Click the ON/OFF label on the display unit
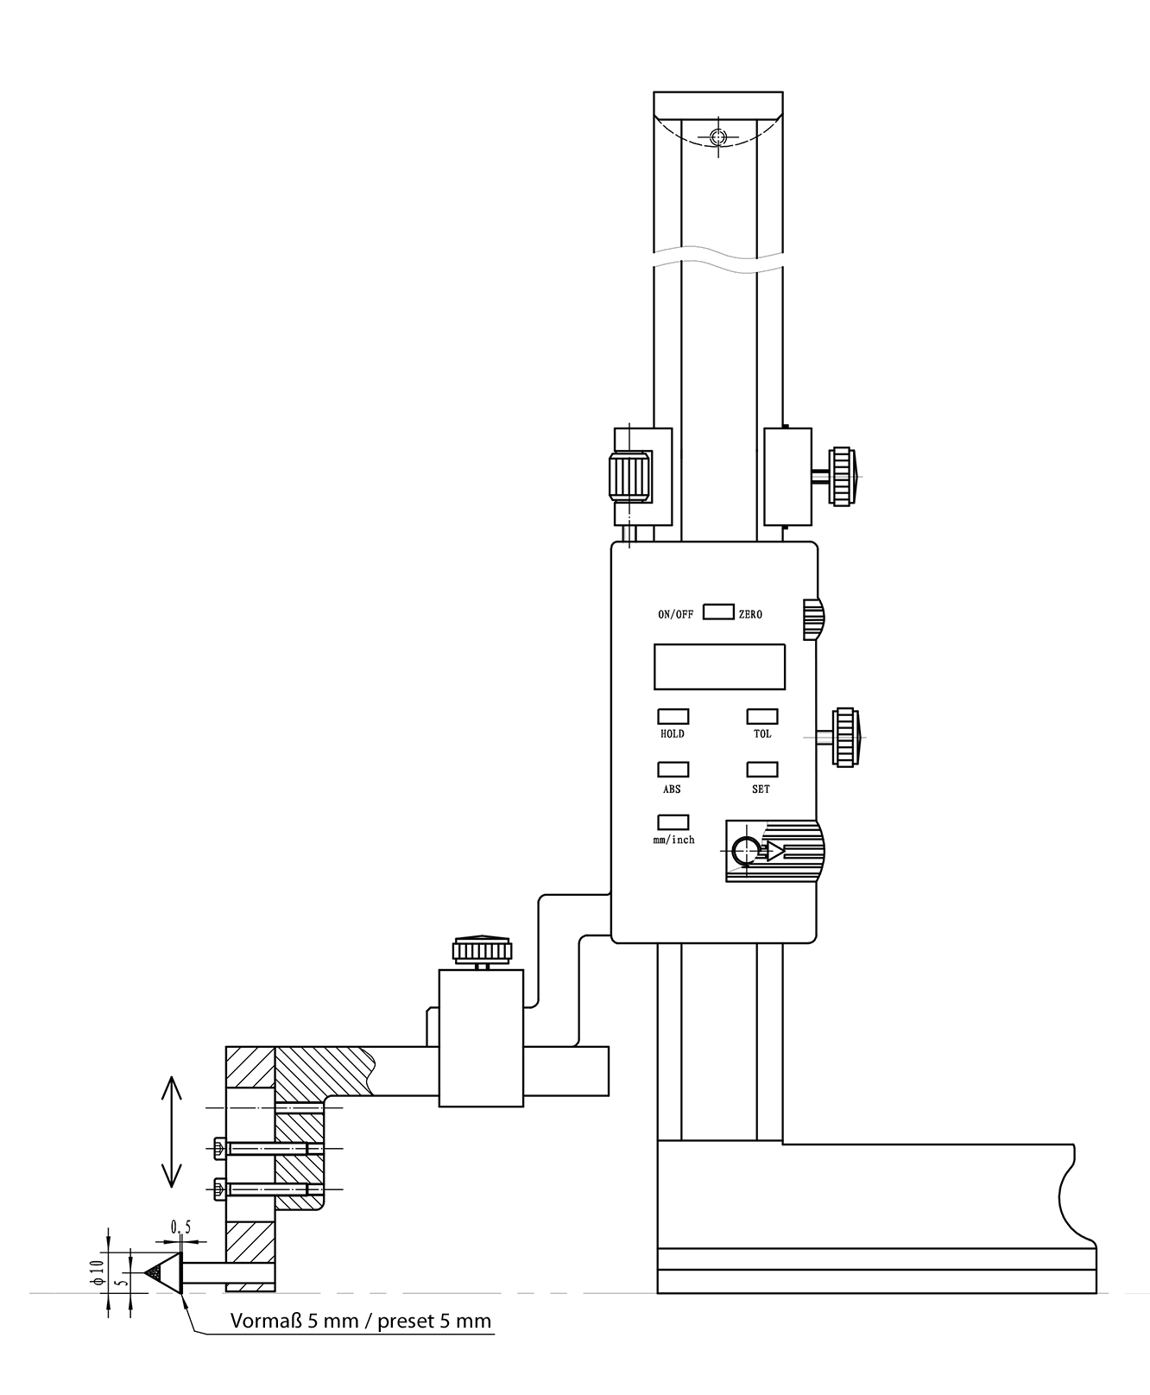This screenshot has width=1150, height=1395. coord(675,615)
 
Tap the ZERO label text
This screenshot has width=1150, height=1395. coord(750,615)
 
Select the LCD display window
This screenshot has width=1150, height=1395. coord(719,666)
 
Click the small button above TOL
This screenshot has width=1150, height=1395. coord(761,716)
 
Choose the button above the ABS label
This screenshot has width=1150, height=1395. coord(673,769)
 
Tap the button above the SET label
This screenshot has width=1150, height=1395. coord(761,769)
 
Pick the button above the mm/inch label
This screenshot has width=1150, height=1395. coord(673,822)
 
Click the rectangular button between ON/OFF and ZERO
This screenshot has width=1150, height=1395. coord(718,612)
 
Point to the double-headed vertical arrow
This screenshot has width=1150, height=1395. coord(171,1131)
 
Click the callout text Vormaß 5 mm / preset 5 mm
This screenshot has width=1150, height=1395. coord(361,1321)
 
